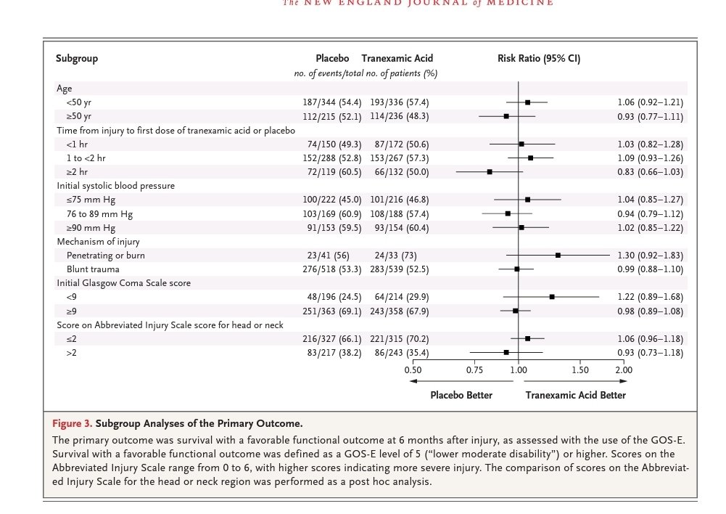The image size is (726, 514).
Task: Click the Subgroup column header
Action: (x=77, y=59)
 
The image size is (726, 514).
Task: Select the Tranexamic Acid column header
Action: (x=397, y=58)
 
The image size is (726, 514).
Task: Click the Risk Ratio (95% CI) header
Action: (x=539, y=58)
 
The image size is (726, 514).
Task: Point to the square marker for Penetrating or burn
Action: (x=558, y=256)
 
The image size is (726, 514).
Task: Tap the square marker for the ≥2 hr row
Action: (x=490, y=172)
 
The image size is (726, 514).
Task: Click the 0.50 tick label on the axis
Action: (x=413, y=370)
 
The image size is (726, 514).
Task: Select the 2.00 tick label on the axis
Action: (x=624, y=370)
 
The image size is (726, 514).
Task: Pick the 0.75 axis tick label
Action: (x=474, y=370)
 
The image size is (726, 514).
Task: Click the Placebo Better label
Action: (x=461, y=396)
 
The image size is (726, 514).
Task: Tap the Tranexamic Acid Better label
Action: (x=576, y=396)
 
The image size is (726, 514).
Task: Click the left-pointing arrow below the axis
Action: (x=461, y=381)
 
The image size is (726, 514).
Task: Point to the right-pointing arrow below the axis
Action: (x=576, y=381)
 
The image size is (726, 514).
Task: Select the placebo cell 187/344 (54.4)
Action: (x=332, y=102)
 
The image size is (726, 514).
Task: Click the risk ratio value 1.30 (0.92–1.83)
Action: (x=651, y=256)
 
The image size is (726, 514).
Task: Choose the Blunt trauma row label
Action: (x=93, y=269)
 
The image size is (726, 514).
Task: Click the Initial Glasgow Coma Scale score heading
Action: (x=123, y=283)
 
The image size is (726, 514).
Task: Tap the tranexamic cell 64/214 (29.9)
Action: (x=401, y=297)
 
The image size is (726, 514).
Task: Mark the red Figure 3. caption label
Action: (x=73, y=424)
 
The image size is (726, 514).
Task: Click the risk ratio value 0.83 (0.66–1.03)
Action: (x=651, y=172)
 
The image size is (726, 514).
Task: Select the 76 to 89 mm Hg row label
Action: (x=99, y=214)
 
